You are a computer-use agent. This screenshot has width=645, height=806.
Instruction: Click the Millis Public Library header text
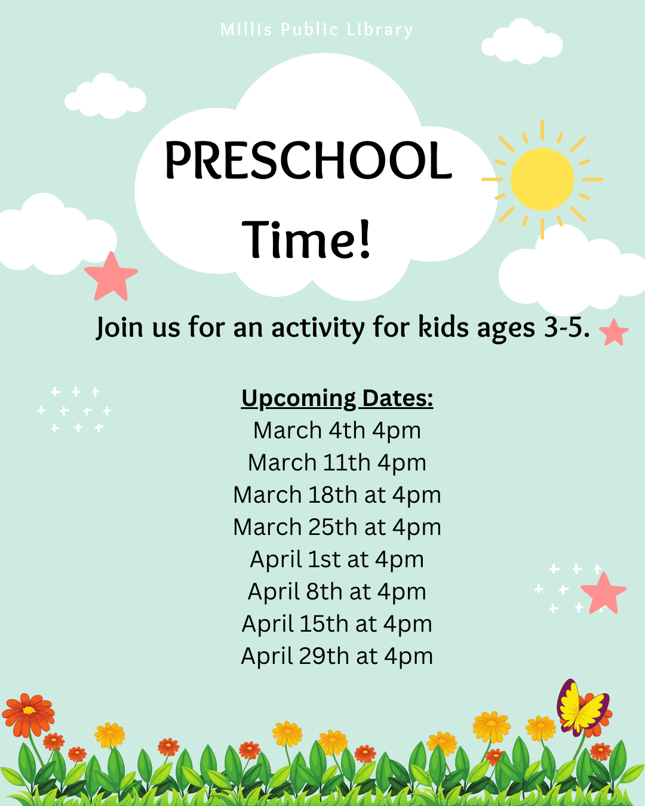click(317, 30)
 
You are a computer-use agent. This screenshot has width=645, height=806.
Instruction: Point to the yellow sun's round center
click(542, 179)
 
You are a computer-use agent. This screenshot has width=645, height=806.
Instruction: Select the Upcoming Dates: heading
click(337, 398)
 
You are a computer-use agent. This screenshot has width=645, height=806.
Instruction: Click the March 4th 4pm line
click(337, 430)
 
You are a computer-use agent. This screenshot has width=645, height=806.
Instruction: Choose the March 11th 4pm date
click(337, 463)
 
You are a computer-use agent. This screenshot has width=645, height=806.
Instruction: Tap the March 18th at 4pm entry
click(337, 495)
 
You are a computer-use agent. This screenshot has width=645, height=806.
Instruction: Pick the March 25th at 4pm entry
click(337, 527)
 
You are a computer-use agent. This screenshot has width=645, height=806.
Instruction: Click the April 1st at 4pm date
click(337, 559)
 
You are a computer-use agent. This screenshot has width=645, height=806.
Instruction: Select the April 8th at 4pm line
click(337, 592)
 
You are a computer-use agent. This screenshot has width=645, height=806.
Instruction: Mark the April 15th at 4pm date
click(337, 623)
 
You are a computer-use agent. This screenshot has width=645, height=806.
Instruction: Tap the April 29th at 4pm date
click(337, 656)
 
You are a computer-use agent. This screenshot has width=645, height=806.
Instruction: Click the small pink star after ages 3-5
click(614, 333)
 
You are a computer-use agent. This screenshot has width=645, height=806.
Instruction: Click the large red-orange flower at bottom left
click(29, 715)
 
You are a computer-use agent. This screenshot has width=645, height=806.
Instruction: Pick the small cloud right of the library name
click(522, 41)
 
